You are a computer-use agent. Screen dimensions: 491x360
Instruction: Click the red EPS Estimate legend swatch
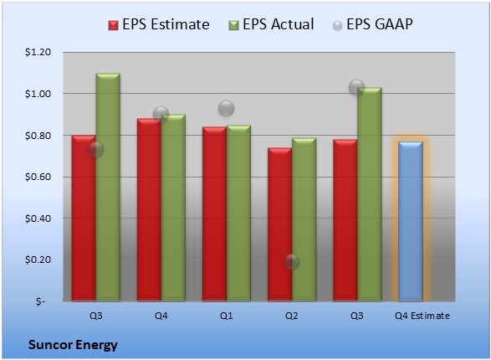click(113, 25)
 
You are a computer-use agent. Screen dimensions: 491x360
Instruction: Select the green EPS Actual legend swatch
click(233, 25)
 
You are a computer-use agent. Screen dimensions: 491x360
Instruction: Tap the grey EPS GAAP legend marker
click(337, 26)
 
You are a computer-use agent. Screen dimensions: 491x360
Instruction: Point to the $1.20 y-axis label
click(38, 52)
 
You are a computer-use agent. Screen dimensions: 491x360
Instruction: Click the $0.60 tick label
click(38, 177)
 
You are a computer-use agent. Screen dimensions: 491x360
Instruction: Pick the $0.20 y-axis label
click(38, 260)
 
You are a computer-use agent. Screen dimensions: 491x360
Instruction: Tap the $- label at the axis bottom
click(40, 301)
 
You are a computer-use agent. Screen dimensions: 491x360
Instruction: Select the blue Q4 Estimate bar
click(411, 221)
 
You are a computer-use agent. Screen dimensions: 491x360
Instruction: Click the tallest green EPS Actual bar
click(108, 188)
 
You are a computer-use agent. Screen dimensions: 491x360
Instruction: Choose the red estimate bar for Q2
click(280, 224)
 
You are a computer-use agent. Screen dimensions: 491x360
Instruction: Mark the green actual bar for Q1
click(238, 213)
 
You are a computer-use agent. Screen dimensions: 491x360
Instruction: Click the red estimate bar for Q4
click(149, 210)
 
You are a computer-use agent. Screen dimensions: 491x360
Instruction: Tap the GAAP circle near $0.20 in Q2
click(291, 261)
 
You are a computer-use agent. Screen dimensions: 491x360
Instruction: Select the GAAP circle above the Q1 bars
click(226, 108)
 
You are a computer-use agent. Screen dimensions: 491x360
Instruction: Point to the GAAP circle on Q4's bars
click(161, 114)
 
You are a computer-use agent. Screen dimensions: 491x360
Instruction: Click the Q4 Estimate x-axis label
click(422, 316)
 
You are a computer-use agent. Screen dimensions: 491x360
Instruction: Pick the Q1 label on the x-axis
click(227, 316)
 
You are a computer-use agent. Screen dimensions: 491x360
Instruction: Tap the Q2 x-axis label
click(292, 316)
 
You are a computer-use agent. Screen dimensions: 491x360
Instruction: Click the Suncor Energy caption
click(73, 345)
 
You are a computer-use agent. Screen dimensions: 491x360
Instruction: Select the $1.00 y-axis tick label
click(38, 94)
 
